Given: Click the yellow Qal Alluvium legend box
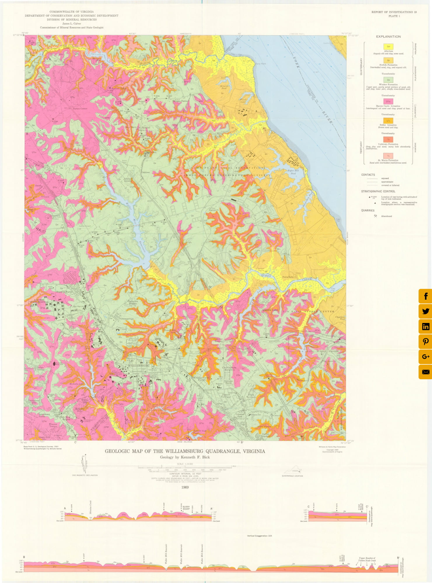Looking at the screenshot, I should click(x=388, y=46).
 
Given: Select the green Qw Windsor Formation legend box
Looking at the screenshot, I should click(x=388, y=80).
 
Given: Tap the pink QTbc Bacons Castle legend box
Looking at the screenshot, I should click(x=388, y=101).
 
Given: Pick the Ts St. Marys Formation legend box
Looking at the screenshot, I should click(x=388, y=156).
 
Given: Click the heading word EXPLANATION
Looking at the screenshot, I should click(x=388, y=36).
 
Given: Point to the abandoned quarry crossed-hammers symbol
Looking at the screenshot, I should click(x=375, y=216).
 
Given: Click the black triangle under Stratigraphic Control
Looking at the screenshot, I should click(x=375, y=203).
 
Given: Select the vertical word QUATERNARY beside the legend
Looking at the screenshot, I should click(x=361, y=66).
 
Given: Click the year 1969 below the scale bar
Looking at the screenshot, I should click(x=185, y=487).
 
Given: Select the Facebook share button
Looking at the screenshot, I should click(x=425, y=296).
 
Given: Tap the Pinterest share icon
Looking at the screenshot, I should click(x=425, y=341).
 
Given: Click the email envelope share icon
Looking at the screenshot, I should click(x=425, y=372).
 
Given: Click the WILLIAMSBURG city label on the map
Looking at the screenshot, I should click(x=139, y=365).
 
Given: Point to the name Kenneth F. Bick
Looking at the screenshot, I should click(x=195, y=457).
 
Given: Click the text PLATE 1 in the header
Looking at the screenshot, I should click(x=394, y=16).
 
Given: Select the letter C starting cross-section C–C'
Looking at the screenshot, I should click(x=309, y=507).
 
